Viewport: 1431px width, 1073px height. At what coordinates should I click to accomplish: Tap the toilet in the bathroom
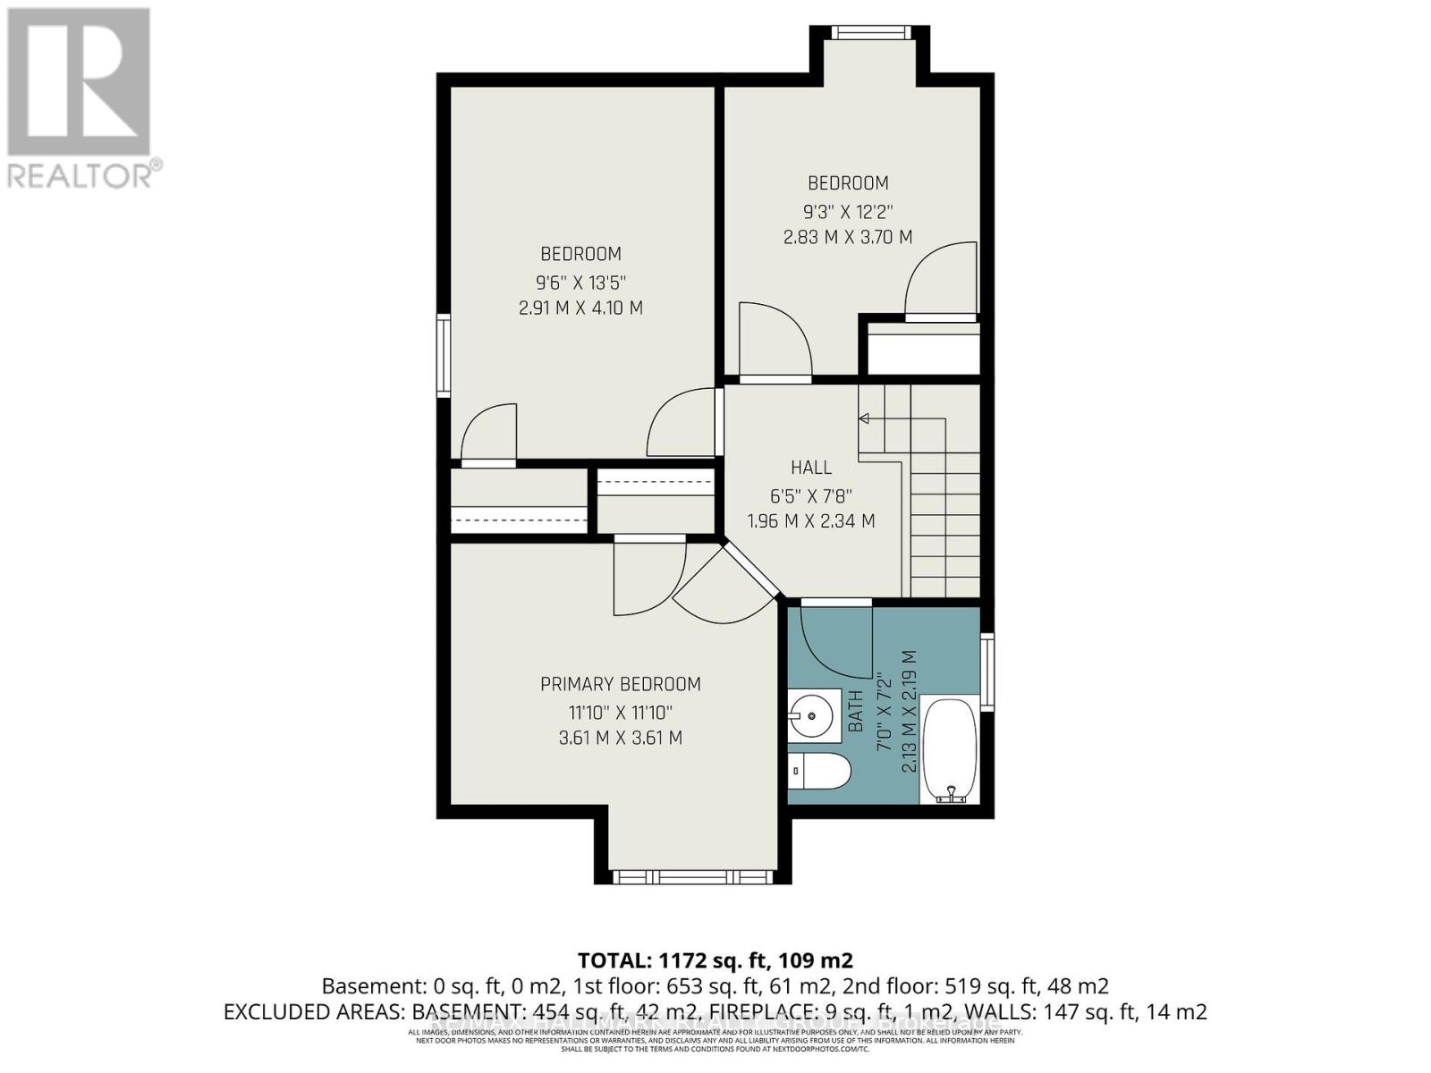tap(818, 770)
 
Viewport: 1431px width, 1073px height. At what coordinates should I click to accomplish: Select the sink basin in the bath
tap(812, 714)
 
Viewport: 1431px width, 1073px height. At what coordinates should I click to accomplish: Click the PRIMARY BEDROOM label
tap(620, 684)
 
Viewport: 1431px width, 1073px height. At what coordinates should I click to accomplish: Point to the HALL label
tap(811, 467)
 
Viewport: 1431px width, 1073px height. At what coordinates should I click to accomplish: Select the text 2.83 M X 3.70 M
tap(847, 237)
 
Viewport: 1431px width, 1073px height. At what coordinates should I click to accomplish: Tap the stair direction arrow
tap(865, 418)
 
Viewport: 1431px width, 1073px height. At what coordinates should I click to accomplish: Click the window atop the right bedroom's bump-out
tap(871, 33)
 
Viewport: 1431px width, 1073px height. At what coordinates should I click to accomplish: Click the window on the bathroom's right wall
tap(987, 672)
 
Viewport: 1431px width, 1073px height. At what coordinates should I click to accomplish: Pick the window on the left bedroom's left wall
tap(443, 355)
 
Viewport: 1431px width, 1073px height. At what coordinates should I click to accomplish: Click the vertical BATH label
tap(856, 712)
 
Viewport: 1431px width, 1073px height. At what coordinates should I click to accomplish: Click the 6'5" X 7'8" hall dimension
tap(811, 494)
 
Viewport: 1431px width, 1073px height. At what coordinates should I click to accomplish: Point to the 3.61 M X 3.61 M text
tap(620, 738)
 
